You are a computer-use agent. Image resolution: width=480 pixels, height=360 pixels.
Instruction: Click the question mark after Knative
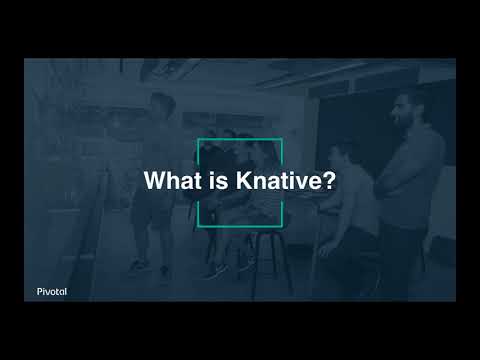[x=328, y=182]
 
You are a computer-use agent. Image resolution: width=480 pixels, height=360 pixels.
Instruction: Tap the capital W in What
[x=155, y=182]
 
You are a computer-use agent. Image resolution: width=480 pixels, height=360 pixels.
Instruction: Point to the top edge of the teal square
[x=240, y=139]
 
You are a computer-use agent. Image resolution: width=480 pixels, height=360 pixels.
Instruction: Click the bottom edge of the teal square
[x=240, y=224]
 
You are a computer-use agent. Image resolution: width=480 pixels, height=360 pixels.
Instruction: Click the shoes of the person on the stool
[x=216, y=270]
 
